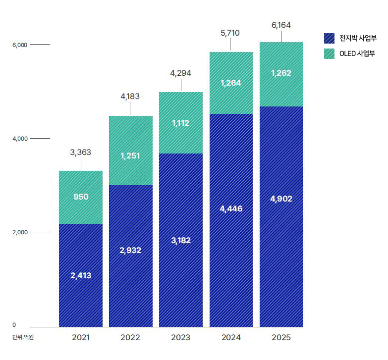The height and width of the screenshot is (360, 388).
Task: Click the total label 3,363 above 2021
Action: tap(81, 153)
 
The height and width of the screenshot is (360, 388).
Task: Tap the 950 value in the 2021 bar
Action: tap(81, 197)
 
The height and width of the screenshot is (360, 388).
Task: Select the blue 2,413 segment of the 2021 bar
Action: tap(81, 275)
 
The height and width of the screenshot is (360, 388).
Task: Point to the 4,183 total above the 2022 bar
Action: tap(130, 97)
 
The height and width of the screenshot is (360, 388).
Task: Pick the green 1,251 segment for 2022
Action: tap(130, 155)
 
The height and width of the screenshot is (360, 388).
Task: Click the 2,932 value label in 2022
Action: tap(130, 250)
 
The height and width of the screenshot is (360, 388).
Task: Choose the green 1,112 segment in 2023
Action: tap(181, 123)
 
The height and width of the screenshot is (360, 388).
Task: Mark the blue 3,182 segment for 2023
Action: tap(181, 240)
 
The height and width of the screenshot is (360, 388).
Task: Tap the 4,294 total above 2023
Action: tap(180, 73)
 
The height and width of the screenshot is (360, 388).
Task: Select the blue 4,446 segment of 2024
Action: tap(231, 208)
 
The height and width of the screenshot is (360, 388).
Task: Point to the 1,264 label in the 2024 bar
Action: tap(231, 83)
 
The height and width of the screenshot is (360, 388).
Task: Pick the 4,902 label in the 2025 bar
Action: tap(281, 199)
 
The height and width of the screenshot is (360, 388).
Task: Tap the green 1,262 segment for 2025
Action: tap(281, 73)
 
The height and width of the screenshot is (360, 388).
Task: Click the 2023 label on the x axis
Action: tap(181, 338)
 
